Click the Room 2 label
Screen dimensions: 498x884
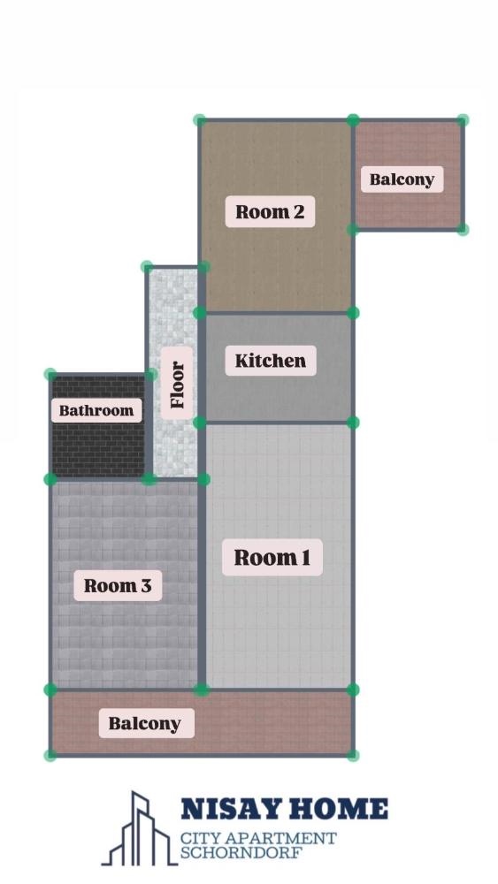pos(270,211)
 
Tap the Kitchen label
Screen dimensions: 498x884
pos(270,361)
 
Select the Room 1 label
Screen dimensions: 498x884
pos(272,557)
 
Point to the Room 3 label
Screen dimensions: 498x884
pos(118,585)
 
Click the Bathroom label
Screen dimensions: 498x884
pos(96,410)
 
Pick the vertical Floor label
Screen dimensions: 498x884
pos(177,385)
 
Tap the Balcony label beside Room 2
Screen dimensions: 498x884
pos(402,179)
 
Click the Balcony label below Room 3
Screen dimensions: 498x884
pos(146,723)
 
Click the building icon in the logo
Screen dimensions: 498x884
pos(139,829)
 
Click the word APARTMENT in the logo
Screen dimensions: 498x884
pos(282,838)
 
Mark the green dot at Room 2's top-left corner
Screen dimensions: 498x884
pos(200,119)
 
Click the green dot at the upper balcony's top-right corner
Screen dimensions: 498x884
pos(463,119)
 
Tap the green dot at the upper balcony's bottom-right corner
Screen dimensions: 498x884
pos(463,229)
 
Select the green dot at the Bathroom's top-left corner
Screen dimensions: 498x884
pos(50,374)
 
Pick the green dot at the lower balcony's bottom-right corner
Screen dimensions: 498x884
pos(353,755)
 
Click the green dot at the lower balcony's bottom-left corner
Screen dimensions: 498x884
pos(50,755)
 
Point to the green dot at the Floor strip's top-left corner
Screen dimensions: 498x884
pos(147,267)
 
